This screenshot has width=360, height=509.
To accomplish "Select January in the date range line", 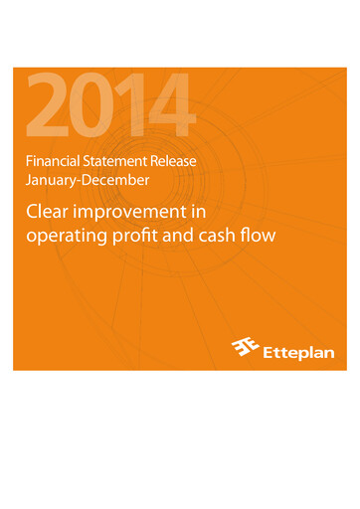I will coord(50,180).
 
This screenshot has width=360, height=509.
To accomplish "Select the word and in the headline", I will coord(185,238).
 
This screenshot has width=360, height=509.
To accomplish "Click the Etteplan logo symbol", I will coord(245,348).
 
